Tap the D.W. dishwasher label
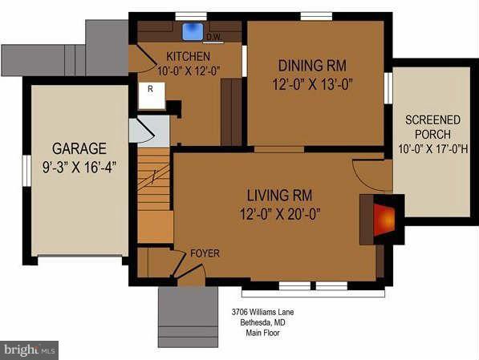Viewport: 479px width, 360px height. [213, 37]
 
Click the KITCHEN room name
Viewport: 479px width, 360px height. [188, 56]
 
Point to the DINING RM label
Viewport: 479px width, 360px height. [313, 65]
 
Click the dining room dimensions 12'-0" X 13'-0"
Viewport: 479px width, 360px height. [313, 83]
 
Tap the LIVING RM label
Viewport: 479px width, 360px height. [279, 195]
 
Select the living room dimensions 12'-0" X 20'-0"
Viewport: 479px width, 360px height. [279, 212]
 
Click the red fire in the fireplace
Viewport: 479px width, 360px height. [384, 218]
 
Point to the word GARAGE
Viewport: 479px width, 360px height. [79, 148]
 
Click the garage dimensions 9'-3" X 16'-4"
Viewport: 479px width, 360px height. [79, 167]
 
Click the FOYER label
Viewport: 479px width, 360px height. [205, 253]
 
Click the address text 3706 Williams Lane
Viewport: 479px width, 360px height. [258, 311]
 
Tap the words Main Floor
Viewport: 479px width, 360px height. [258, 333]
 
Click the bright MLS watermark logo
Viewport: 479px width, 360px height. [30, 350]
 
